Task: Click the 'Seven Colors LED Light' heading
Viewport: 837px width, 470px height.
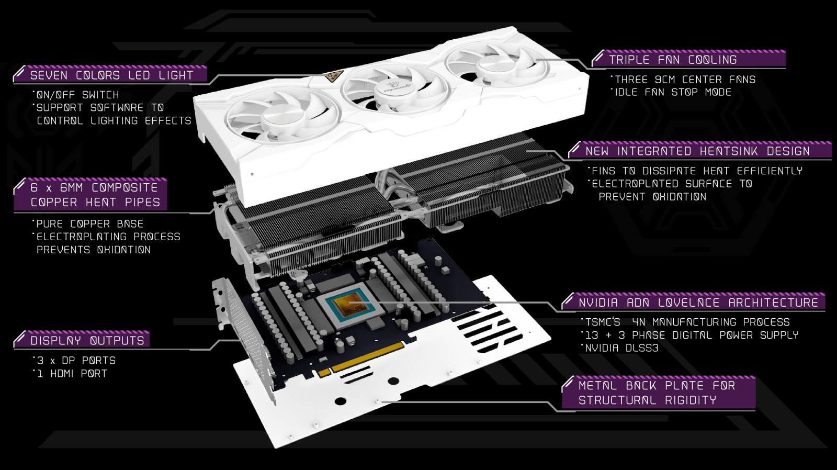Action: (x=111, y=75)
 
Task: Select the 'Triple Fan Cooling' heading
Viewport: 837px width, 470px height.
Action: (x=673, y=60)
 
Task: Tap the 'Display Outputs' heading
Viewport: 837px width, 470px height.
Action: (x=87, y=340)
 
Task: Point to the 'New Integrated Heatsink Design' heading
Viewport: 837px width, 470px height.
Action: (x=698, y=151)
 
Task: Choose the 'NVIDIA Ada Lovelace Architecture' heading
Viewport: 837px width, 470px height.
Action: (x=698, y=302)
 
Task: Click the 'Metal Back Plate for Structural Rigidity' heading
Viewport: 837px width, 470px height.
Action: (x=657, y=393)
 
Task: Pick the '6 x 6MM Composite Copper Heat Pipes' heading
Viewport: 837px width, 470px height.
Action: (x=95, y=194)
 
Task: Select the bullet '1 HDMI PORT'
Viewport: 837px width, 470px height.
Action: (x=72, y=373)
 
